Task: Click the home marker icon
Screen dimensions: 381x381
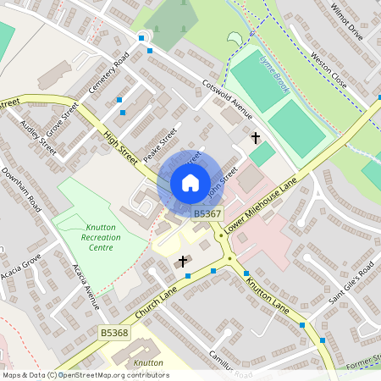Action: [190, 183]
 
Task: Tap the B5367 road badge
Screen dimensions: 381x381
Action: [207, 214]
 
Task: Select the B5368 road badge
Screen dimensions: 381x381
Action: [113, 334]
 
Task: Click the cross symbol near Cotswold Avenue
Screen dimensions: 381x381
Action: [255, 136]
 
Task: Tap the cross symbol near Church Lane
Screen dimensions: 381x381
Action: [182, 262]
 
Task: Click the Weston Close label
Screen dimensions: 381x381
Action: [329, 72]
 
